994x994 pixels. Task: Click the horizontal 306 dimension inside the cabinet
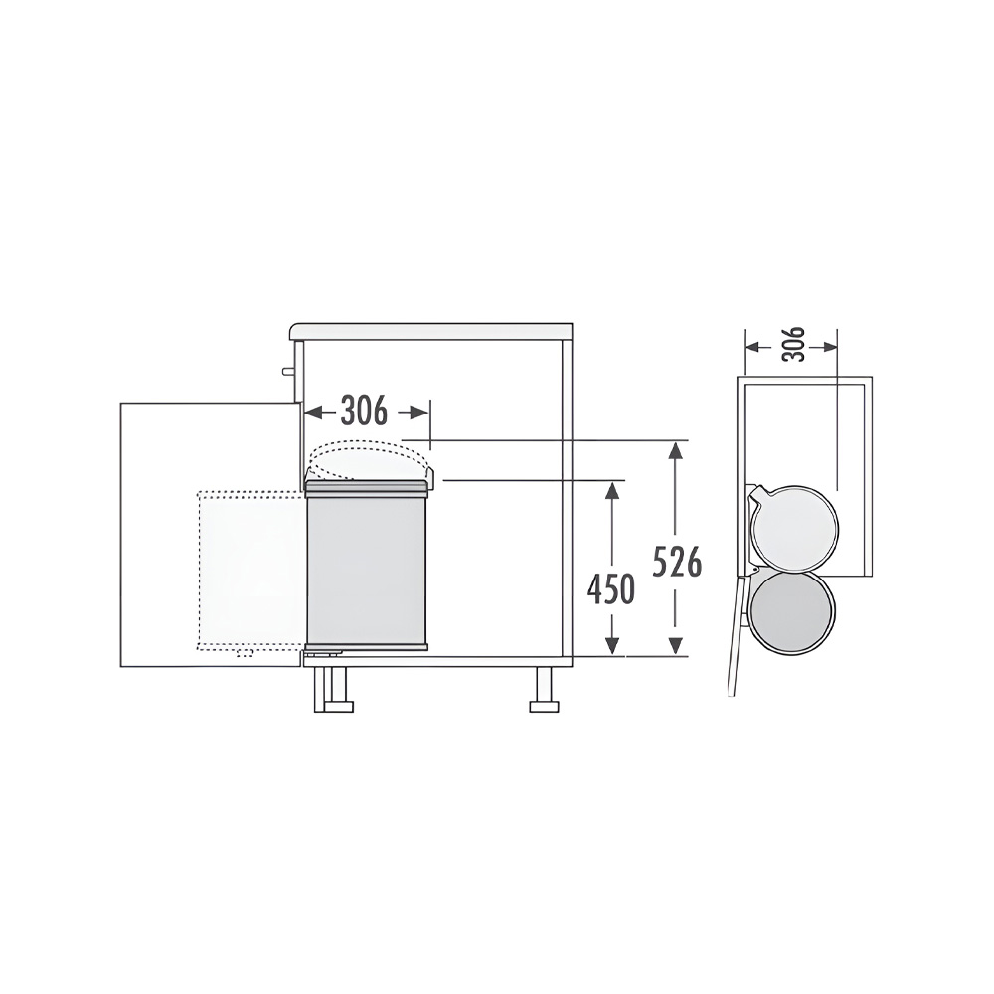point(364,411)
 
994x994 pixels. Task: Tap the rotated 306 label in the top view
point(793,345)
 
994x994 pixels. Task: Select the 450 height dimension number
point(610,589)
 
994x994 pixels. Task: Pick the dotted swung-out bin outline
point(249,570)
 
